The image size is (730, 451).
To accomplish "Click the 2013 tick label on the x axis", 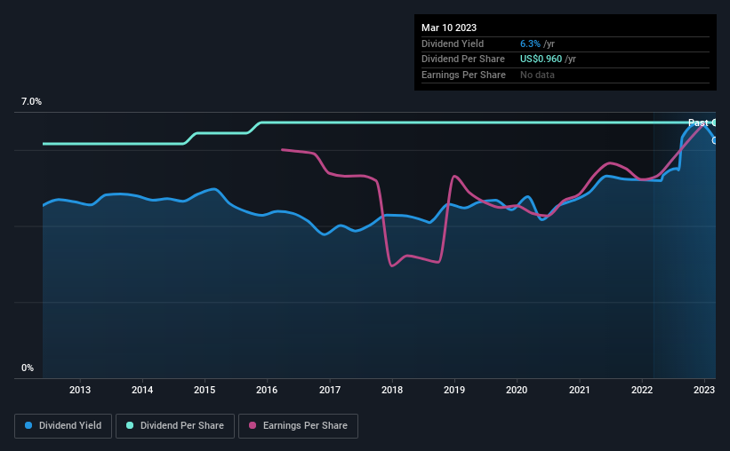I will [x=80, y=390].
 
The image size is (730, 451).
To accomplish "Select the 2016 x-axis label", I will [x=267, y=390].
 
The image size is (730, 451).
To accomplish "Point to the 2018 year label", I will [x=392, y=390].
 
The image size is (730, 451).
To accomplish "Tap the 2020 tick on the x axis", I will [x=517, y=390].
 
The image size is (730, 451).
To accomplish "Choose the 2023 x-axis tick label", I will [x=704, y=390].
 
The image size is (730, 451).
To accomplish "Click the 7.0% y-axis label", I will [x=31, y=102].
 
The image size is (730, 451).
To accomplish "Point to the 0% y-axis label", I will [x=27, y=368].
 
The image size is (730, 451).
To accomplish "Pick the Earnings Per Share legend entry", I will [x=298, y=426].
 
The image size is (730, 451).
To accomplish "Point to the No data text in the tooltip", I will [x=538, y=75].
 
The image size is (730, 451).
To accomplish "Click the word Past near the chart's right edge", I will [x=698, y=123].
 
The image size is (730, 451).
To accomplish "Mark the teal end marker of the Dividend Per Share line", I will [x=715, y=123].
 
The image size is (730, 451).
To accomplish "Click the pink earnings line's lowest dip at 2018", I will [x=392, y=265].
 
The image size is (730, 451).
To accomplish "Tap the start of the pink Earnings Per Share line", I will [x=283, y=149].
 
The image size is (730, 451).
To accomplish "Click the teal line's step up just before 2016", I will [x=254, y=127].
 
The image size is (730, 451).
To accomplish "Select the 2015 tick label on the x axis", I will [x=205, y=390].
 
